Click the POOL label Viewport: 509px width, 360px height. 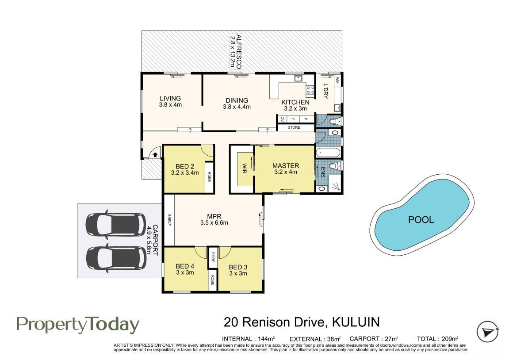click(421, 220)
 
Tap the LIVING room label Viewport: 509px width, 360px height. click(170, 98)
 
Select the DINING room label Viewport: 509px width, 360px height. click(237, 101)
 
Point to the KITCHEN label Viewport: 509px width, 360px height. click(295, 102)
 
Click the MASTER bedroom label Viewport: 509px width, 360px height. click(286, 165)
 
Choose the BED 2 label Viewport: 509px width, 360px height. click(185, 167)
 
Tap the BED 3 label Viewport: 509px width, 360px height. click(238, 267)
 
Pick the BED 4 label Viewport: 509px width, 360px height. click(185, 267)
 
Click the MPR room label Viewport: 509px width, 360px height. click(214, 217)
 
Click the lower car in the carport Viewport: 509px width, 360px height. click(115, 258)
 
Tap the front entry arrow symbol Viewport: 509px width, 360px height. click(155, 155)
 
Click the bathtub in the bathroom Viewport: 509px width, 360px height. click(328, 153)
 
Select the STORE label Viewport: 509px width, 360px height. click(294, 127)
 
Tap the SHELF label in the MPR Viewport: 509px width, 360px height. click(169, 220)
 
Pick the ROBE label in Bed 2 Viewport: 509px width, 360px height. click(209, 176)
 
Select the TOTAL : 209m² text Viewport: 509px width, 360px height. click(438, 339)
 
